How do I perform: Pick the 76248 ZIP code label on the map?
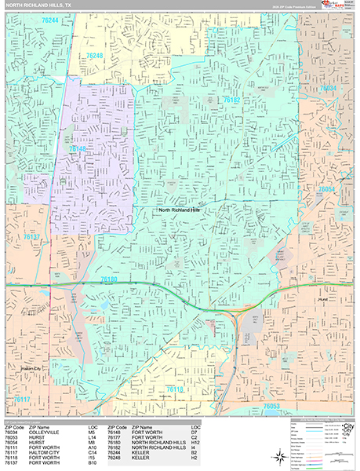click(x=94, y=57)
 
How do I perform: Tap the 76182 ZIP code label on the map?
click(x=232, y=100)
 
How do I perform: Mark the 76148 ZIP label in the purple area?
click(x=77, y=148)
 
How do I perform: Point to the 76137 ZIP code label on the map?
click(x=31, y=236)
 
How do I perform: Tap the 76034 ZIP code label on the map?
click(x=328, y=89)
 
